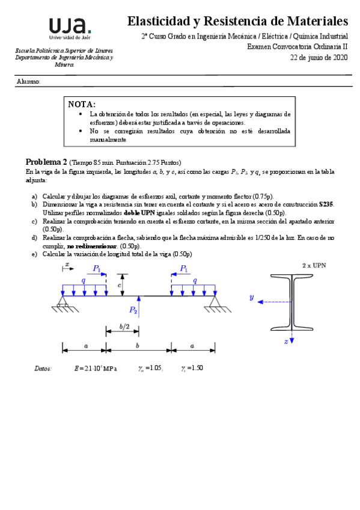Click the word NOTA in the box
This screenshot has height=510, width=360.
[x=82, y=104]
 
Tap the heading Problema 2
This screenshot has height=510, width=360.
[x=46, y=162]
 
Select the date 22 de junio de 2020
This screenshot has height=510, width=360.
[x=319, y=58]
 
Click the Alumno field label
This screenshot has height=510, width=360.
[x=28, y=81]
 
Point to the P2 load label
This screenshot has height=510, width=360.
[x=133, y=310]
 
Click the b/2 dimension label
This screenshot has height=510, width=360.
[x=124, y=327]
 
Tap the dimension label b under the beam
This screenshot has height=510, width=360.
[x=138, y=346]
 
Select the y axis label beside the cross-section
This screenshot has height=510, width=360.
[x=253, y=297]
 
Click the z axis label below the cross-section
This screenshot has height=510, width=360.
[x=286, y=341]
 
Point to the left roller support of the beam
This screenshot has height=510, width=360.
[x=63, y=302]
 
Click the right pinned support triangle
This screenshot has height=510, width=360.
[x=215, y=302]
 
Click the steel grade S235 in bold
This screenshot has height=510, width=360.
[x=326, y=204]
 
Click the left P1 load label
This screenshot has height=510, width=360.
[x=97, y=269]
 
